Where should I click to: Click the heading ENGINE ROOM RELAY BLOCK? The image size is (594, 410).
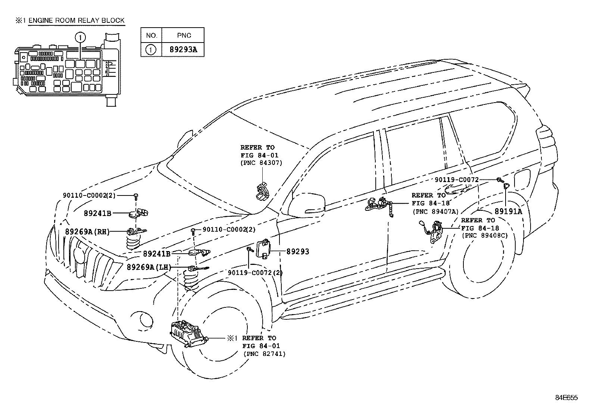tap(76, 21)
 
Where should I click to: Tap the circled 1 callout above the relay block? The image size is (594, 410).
tap(80, 37)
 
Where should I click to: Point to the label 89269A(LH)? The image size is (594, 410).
tap(148, 267)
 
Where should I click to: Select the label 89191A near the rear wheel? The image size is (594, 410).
tap(509, 211)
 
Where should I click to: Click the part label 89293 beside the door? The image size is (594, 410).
tap(298, 251)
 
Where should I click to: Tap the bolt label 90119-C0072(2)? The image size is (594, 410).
tap(255, 273)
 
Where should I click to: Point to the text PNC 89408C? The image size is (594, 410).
tap(485, 236)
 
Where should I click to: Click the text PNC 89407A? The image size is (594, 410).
tap(435, 211)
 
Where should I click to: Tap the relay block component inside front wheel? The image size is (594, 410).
tap(188, 333)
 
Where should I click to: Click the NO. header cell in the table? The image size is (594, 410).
tap(151, 35)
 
